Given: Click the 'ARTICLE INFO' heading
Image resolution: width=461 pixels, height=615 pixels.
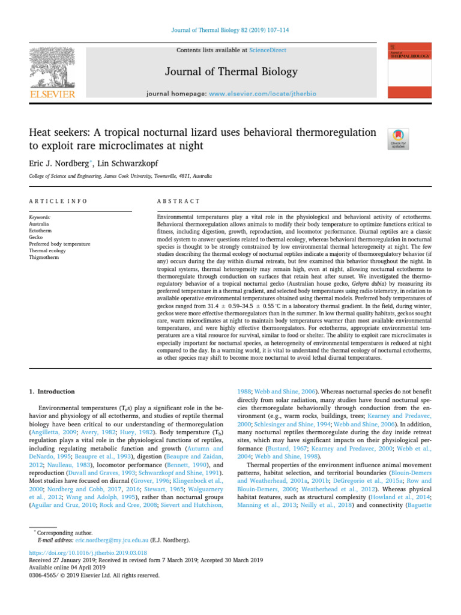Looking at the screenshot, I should coord(58,201).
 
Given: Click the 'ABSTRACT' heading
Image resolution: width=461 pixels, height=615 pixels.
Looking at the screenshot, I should coord(178,201).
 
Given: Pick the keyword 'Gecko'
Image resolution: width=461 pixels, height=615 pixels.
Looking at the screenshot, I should coord(37,237).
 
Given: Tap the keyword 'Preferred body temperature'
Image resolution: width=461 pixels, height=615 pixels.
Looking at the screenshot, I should coord(59,244).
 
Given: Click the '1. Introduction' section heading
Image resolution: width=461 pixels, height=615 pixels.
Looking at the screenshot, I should coord(52,392).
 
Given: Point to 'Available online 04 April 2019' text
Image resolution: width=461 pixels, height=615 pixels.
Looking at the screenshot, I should coord(67,568).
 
